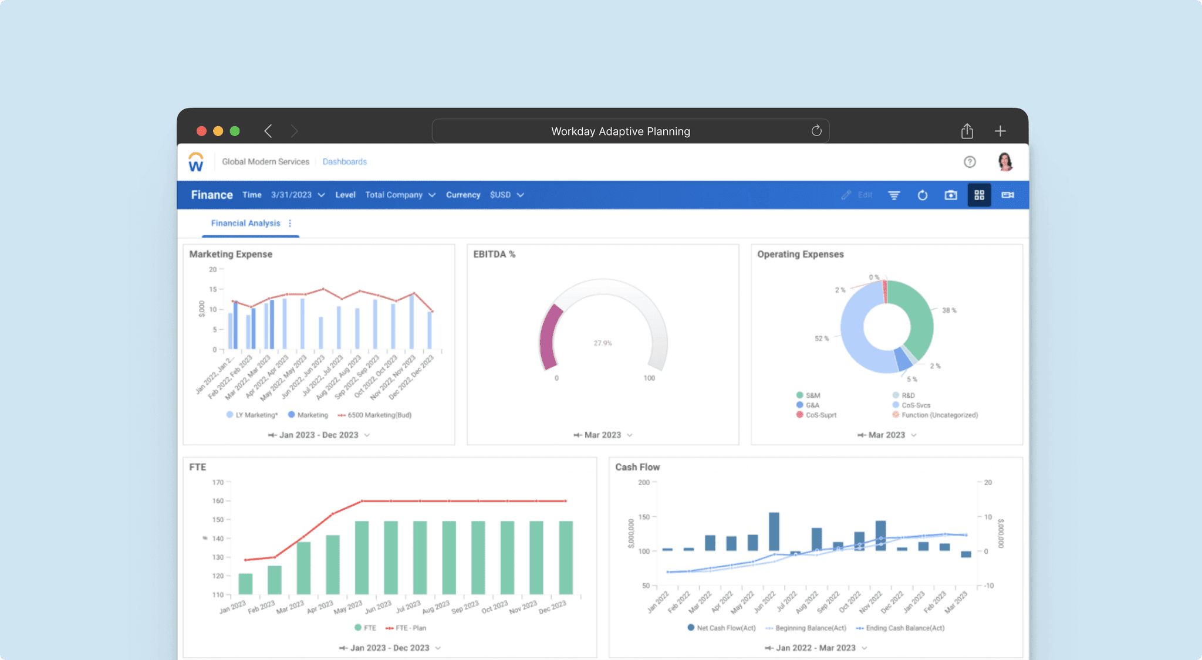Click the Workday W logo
196,162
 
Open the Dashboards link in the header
345,162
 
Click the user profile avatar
1005,162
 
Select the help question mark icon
970,162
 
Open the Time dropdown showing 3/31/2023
298,195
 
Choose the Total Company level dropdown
400,195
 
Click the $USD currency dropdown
507,195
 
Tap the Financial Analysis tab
245,224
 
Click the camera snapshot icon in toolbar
951,195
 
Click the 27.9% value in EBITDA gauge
603,343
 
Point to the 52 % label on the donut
822,339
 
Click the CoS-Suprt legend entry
820,415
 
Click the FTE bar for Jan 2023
245,584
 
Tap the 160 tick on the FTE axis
218,501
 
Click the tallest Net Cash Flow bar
774,532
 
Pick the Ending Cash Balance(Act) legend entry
904,628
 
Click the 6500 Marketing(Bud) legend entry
379,415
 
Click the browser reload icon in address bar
816,131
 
